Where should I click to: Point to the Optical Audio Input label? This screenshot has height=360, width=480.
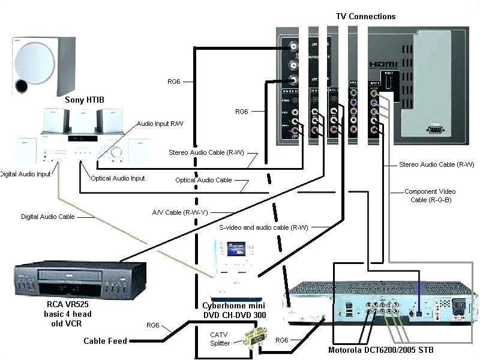click(118, 178)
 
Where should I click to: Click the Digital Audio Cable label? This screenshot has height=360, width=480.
click(48, 217)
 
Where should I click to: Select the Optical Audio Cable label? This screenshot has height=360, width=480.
click(203, 180)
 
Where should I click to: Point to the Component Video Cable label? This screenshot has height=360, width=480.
click(429, 196)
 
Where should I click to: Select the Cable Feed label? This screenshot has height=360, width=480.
click(105, 341)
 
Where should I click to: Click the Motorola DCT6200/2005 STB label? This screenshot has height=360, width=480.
click(380, 350)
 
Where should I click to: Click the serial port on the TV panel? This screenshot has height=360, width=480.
click(436, 128)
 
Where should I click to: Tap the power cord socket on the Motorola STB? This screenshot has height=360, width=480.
click(459, 307)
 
